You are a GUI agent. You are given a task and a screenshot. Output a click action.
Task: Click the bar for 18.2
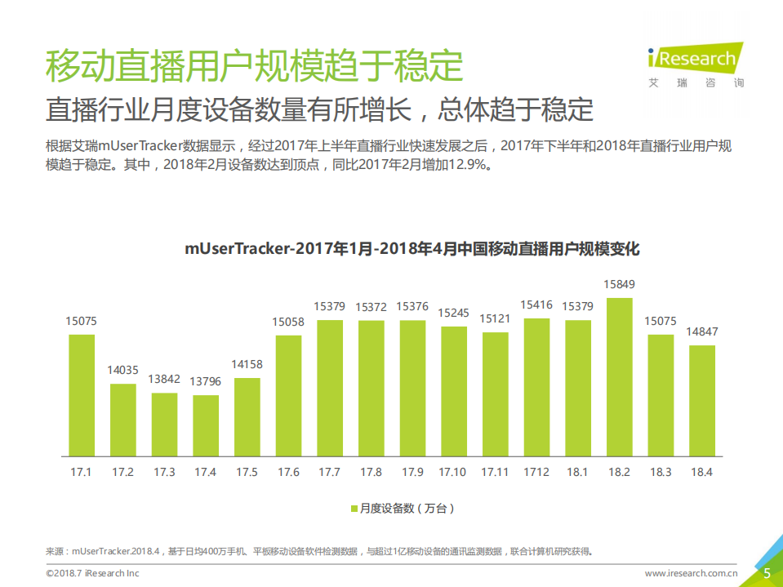click(x=619, y=376)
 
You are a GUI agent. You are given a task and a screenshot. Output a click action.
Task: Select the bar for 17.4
click(x=206, y=425)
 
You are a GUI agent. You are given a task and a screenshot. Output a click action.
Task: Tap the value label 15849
click(x=619, y=285)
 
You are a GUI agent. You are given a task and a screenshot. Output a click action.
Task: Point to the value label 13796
click(x=206, y=382)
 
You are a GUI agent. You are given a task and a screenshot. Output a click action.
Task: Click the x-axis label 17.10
click(x=453, y=472)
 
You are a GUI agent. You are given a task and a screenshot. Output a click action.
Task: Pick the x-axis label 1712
click(x=536, y=472)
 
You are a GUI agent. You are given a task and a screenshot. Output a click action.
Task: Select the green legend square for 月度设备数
click(x=354, y=509)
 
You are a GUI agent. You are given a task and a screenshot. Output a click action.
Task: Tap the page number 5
click(x=767, y=573)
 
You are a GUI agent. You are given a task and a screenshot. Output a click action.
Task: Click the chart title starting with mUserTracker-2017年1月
click(x=412, y=249)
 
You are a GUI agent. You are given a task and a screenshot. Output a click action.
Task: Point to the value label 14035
click(x=123, y=371)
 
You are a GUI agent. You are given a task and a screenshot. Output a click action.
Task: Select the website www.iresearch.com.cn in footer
click(x=692, y=574)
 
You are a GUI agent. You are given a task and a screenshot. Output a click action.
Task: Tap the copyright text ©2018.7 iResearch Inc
click(x=92, y=574)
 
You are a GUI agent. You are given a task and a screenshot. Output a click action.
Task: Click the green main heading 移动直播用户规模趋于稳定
click(x=254, y=66)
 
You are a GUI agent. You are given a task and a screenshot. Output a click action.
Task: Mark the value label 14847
click(x=701, y=332)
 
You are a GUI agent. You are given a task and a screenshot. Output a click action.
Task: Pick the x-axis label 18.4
click(x=701, y=472)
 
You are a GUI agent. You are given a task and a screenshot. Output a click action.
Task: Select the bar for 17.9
click(x=412, y=388)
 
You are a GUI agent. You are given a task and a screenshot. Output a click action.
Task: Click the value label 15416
click(x=536, y=305)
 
